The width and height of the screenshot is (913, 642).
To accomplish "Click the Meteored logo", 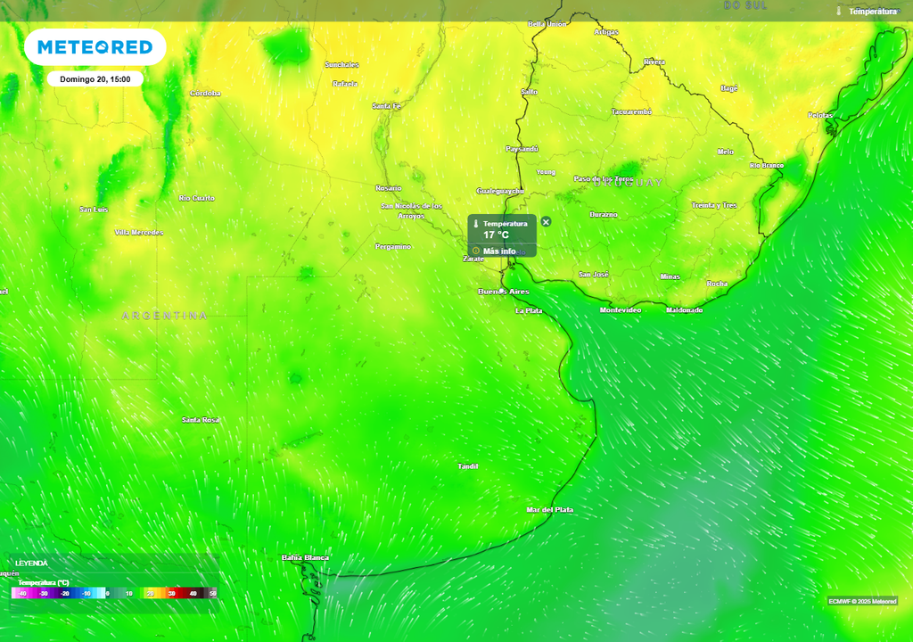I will (95, 46).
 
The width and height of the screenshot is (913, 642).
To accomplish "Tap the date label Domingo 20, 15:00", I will (95, 79).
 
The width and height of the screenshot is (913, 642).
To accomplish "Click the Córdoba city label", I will (205, 93).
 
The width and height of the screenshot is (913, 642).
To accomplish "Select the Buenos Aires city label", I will (503, 292).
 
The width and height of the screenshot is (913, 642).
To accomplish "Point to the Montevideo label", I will (620, 309).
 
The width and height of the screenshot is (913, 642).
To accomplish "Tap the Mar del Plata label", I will (549, 509).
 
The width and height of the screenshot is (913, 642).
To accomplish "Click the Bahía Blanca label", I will (305, 557).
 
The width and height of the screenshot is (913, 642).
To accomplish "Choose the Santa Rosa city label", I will (201, 419).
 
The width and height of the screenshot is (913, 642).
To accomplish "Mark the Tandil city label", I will (467, 466).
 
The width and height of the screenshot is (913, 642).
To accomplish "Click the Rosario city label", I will (388, 188).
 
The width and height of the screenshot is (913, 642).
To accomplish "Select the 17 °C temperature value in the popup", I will (496, 235).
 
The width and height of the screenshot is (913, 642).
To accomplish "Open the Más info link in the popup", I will (499, 251).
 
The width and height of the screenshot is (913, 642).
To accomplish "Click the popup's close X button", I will (546, 221).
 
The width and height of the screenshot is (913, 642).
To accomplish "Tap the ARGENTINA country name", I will (165, 316).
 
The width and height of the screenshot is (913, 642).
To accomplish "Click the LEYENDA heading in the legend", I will (31, 563).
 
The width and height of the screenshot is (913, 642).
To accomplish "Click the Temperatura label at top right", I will (872, 12).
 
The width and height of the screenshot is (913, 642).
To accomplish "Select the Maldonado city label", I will (684, 309).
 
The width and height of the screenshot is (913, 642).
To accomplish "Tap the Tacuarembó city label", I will (631, 111).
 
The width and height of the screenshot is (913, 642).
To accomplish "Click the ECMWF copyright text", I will (861, 600).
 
